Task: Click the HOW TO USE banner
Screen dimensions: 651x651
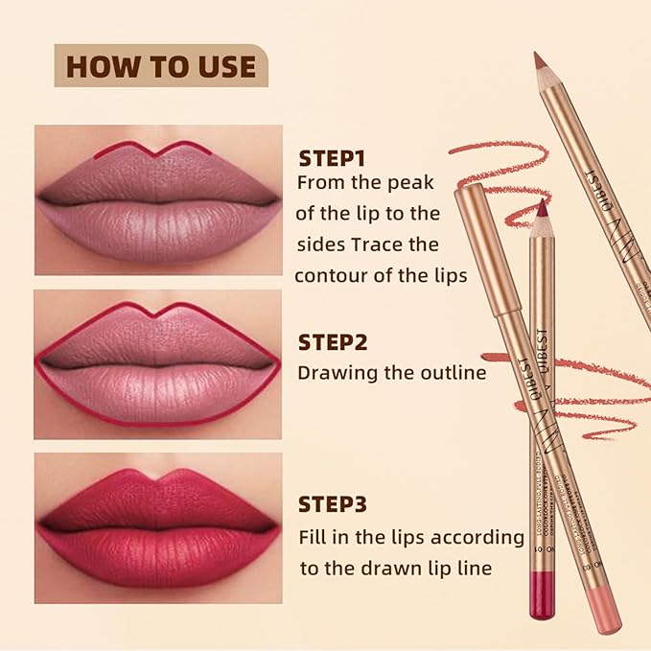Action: click(x=161, y=66)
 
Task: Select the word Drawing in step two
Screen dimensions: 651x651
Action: click(x=335, y=374)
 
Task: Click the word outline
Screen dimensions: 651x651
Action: click(x=453, y=373)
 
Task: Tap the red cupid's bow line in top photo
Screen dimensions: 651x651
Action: click(x=159, y=150)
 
